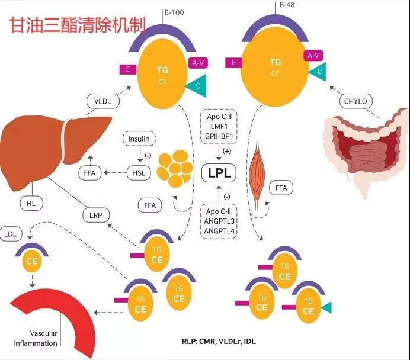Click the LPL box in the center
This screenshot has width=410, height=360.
click(219, 173)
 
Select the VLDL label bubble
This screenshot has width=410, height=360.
click(102, 101)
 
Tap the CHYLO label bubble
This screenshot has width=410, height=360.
click(355, 101)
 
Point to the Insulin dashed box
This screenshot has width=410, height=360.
click(139, 139)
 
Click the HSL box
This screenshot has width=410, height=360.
click(139, 173)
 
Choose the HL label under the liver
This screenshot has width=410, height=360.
click(31, 203)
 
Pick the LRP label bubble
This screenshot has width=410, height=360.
click(96, 216)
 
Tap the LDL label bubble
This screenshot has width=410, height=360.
click(11, 234)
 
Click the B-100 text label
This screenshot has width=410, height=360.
click(174, 12)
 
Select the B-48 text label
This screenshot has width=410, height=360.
click(287, 5)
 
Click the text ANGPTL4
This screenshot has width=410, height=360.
click(219, 231)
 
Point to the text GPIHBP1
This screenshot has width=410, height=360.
click(219, 136)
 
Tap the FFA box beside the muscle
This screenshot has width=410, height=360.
click(281, 188)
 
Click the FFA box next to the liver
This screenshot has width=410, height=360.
click(89, 173)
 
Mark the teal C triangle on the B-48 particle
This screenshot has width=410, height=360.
click(318, 72)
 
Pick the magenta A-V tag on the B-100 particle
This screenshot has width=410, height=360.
click(198, 63)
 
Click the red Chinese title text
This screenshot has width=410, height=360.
click(78, 25)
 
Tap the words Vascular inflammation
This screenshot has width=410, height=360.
click(36, 338)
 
